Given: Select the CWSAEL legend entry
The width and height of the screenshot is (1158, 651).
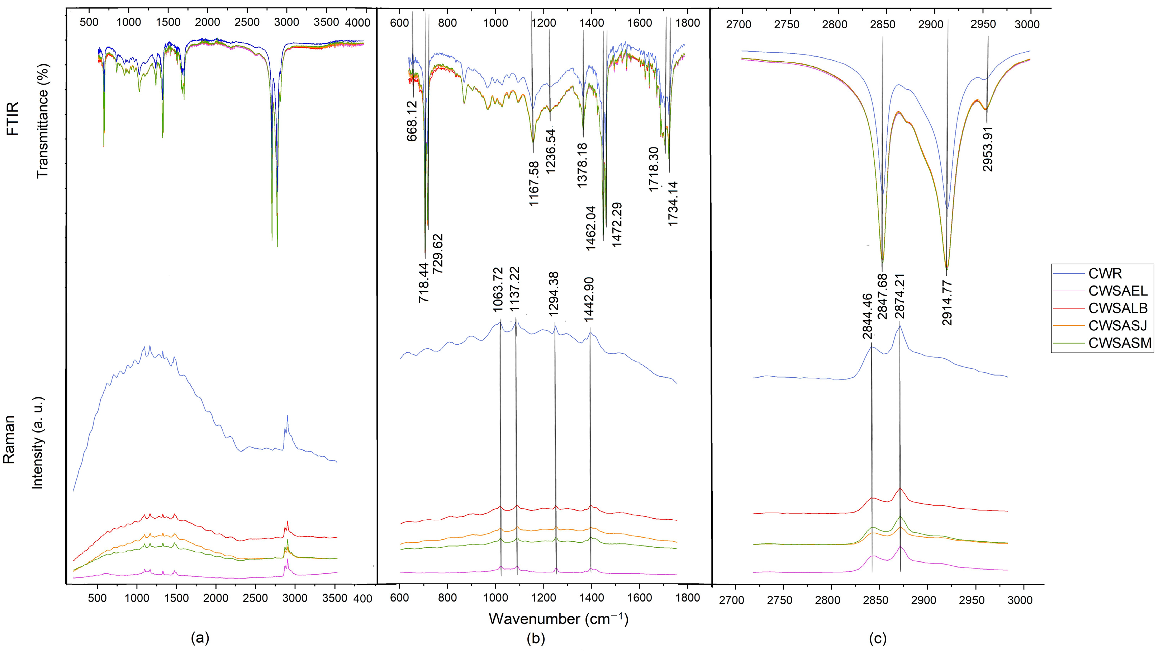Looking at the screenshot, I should [1117, 291].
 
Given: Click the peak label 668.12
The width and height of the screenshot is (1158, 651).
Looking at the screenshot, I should [412, 121].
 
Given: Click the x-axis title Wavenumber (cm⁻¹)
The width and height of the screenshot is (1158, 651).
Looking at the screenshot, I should [558, 619].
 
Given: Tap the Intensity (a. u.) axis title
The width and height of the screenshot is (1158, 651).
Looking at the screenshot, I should [38, 443].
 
